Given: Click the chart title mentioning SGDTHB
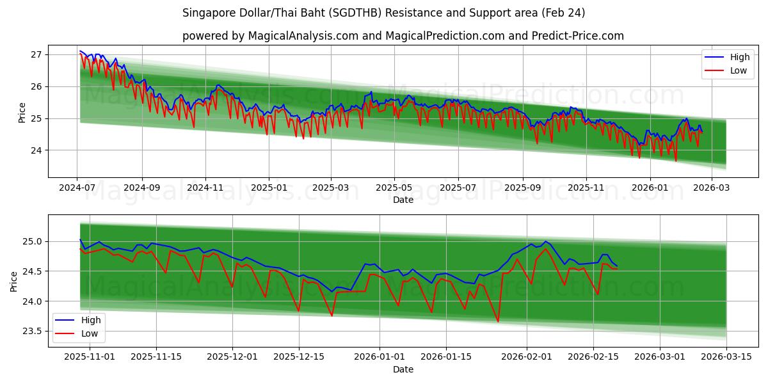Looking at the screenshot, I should click(383, 13).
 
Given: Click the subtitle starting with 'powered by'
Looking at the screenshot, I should click(403, 36).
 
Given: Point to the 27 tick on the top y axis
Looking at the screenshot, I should click(36, 54).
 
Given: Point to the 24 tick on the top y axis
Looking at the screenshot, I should click(36, 150).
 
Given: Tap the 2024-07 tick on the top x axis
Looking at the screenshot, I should click(77, 188).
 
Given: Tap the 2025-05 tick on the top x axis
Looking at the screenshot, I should click(394, 188).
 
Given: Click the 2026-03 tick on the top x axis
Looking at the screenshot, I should click(711, 188).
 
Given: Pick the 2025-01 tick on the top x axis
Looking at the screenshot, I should click(269, 188).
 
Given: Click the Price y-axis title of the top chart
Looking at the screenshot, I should click(22, 112).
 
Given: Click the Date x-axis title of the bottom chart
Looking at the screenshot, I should click(403, 369).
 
